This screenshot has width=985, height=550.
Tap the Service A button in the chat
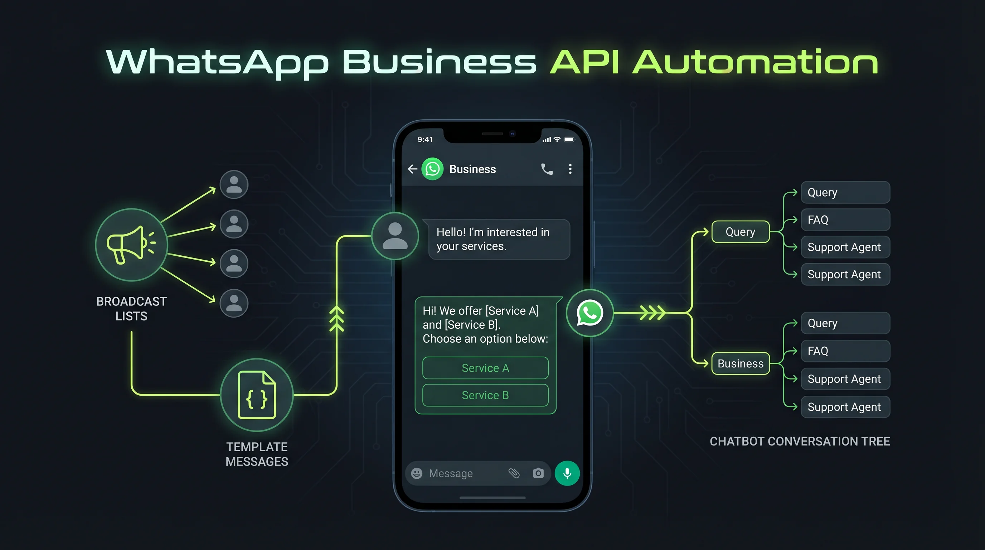click(x=485, y=368)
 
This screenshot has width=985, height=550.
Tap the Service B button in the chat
click(x=485, y=395)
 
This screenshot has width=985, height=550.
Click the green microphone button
click(x=567, y=473)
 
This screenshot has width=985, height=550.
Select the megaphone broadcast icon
click(x=131, y=245)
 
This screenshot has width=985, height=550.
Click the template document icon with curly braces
click(x=257, y=395)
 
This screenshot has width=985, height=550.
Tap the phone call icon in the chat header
click(x=547, y=169)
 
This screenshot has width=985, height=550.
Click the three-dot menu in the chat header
click(x=570, y=169)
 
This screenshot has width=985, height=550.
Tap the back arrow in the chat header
click(x=412, y=169)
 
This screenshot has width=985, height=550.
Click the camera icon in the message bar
click(x=538, y=473)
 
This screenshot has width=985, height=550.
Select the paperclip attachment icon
click(x=514, y=473)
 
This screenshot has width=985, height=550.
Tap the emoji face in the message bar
click(x=417, y=473)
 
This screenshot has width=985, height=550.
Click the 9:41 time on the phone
click(x=425, y=140)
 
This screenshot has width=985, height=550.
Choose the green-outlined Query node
click(x=740, y=232)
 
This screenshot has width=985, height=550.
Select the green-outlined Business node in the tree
click(x=740, y=363)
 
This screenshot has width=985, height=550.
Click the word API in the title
click(x=584, y=62)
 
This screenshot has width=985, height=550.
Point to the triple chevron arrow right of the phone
click(x=652, y=313)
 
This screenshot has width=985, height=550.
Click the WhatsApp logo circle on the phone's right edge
click(x=589, y=313)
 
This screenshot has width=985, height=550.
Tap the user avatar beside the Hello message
click(x=395, y=236)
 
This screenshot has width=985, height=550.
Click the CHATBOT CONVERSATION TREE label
click(x=800, y=442)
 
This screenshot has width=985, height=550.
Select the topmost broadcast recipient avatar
click(x=234, y=184)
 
